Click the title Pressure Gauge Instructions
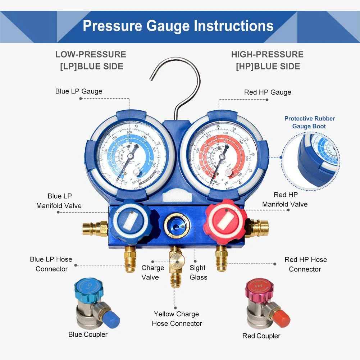pyautogui.click(x=178, y=26)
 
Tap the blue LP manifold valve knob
pyautogui.click(x=128, y=221)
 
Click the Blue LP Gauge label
pyautogui.click(x=78, y=91)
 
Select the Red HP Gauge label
pyautogui.click(x=268, y=92)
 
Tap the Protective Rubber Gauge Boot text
pyautogui.click(x=309, y=122)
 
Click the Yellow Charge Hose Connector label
pyautogui.click(x=177, y=319)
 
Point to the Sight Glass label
pyautogui.click(x=198, y=272)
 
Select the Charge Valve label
pyautogui.click(x=152, y=272)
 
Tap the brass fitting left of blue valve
pyautogui.click(x=95, y=228)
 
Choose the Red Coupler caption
pyautogui.click(x=261, y=336)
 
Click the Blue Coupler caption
pyautogui.click(x=88, y=334)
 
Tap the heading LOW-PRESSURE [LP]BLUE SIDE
pyautogui.click(x=90, y=60)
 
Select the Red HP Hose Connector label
pyautogui.click(x=305, y=264)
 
